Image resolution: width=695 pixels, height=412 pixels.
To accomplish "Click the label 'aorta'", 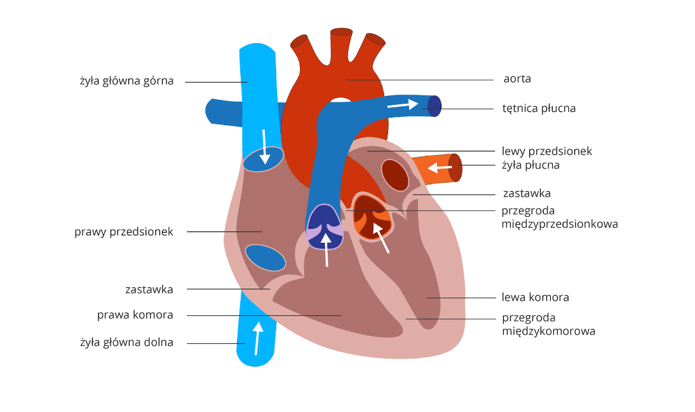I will click(516, 79).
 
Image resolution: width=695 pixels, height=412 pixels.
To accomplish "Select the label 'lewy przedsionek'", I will click(546, 151).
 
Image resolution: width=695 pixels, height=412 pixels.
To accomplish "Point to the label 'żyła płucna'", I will click(530, 165).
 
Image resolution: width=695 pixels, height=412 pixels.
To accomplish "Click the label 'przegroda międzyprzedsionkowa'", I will click(559, 217).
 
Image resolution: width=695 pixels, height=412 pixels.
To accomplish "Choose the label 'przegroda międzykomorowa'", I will click(548, 324).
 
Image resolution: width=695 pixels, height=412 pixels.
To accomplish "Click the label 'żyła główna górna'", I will click(126, 81).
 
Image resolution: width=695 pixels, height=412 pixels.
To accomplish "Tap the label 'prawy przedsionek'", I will click(124, 232).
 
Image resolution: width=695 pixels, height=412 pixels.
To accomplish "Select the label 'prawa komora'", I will click(135, 315).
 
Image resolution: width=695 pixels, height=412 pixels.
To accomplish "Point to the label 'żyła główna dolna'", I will click(126, 343).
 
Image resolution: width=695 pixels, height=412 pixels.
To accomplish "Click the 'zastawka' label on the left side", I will click(149, 289).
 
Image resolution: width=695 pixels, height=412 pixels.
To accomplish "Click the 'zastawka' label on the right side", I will click(526, 193).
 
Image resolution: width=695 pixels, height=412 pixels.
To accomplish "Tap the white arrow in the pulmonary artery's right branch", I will click(403, 104).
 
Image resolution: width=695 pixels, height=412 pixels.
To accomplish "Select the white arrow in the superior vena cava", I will click(263, 145).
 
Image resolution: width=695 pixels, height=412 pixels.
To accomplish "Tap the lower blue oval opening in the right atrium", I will click(265, 257).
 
